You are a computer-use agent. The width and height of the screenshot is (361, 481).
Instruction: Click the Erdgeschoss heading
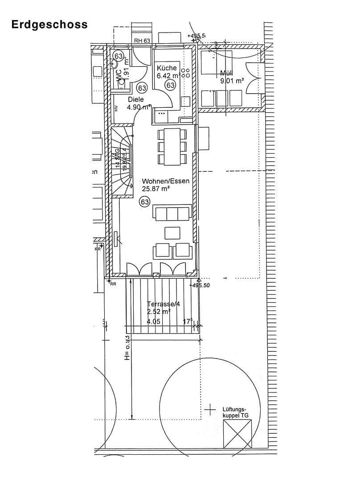(49, 24)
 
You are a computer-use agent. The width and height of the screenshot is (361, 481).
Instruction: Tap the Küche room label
(167, 68)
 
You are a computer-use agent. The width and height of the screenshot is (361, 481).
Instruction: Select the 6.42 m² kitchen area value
(168, 76)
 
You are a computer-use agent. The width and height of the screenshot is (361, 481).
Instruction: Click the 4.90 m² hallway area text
(139, 107)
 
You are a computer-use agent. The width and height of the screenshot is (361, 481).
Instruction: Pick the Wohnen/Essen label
(165, 181)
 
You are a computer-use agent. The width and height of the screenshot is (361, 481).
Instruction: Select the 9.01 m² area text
(232, 81)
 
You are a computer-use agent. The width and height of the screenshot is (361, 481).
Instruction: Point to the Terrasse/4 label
(163, 304)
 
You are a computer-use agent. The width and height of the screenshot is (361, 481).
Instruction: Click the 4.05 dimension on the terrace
(153, 321)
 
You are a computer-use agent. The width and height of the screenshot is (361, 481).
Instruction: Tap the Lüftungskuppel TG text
(235, 412)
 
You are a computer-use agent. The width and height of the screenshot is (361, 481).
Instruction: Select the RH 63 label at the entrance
(142, 41)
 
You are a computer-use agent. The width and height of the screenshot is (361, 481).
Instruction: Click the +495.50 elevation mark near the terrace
(199, 285)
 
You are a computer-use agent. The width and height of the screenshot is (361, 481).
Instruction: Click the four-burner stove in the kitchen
(186, 73)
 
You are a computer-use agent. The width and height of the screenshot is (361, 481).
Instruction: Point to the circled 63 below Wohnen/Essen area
(144, 202)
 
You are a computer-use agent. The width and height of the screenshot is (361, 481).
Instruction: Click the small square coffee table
(172, 232)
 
